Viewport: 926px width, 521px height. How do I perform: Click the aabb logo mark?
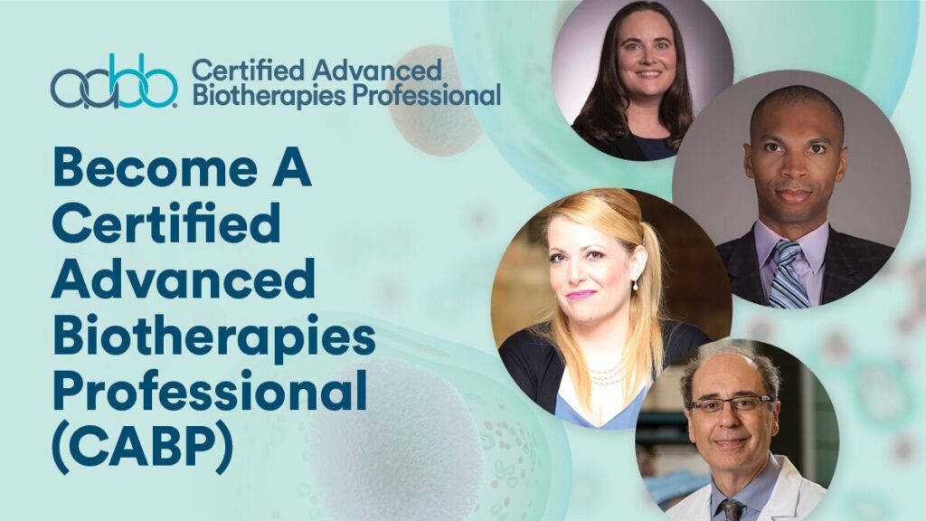[x=114, y=82]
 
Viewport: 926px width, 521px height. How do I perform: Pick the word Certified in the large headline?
[x=165, y=225]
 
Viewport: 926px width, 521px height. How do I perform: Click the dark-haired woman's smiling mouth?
[x=646, y=74]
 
